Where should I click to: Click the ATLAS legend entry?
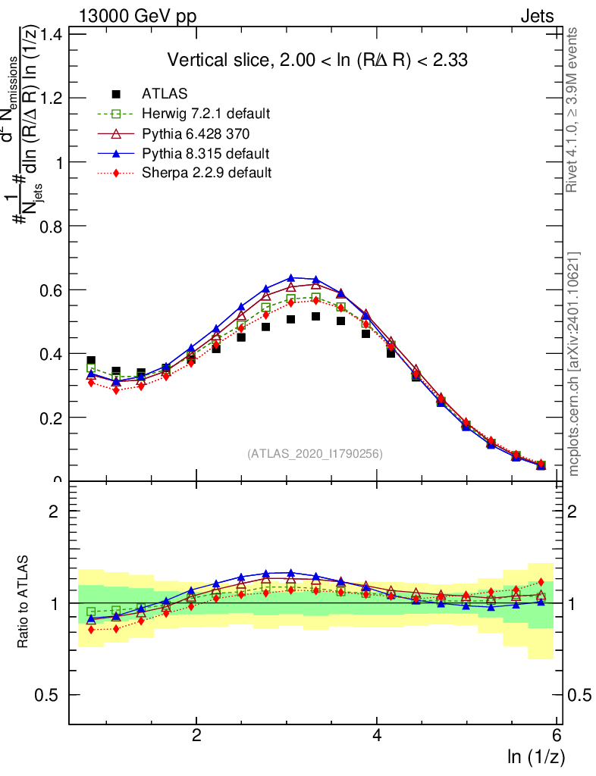(165, 94)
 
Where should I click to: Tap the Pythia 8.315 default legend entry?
(205, 153)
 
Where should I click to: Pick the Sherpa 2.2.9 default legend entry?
(206, 173)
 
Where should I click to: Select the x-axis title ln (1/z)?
(536, 756)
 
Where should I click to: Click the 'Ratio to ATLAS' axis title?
(24, 602)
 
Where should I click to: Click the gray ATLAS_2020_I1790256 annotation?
(314, 454)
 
